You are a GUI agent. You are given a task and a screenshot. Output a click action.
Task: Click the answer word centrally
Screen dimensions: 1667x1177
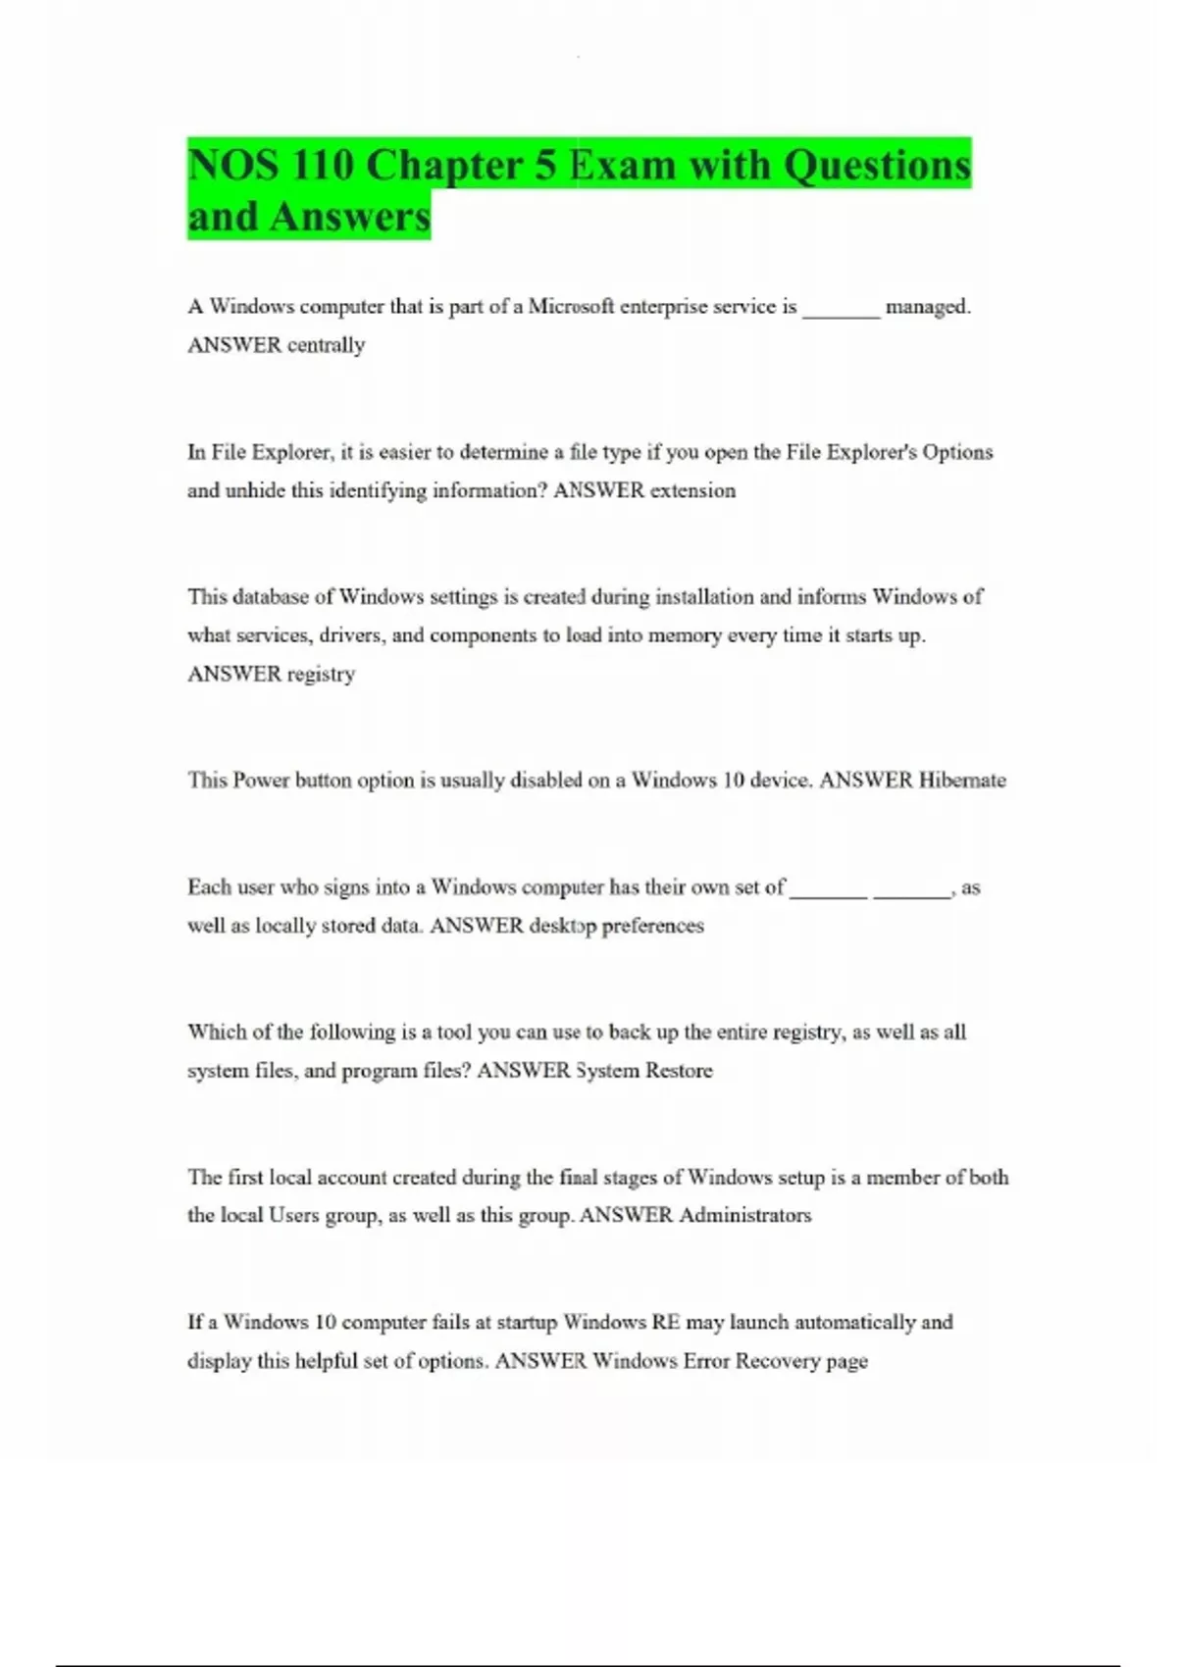coord(326,345)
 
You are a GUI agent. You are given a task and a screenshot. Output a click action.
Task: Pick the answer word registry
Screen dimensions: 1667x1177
coord(321,674)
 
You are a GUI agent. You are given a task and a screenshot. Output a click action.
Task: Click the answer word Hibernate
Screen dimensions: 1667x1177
coord(962,781)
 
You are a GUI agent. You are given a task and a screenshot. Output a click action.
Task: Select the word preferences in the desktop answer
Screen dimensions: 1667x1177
coord(652,926)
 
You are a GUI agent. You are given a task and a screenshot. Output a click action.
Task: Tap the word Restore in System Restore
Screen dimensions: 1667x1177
coord(679,1071)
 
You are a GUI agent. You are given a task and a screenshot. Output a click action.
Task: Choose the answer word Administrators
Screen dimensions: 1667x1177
coord(745,1216)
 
